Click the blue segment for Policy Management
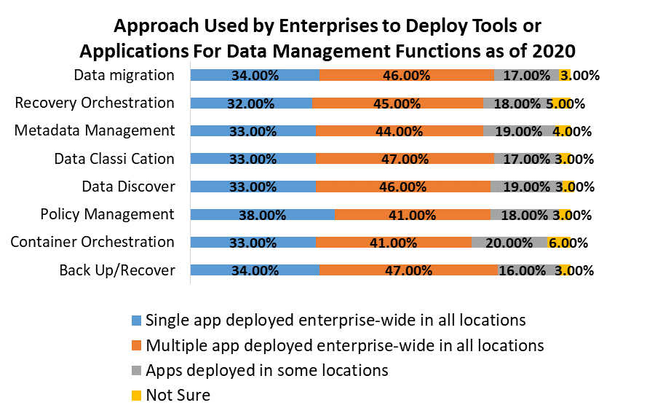(x=262, y=215)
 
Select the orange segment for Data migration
(x=407, y=75)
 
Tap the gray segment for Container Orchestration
(x=509, y=243)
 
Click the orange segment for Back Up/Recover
(x=408, y=270)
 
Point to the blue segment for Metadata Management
(x=253, y=131)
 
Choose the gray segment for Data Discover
(x=526, y=187)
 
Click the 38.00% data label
(x=262, y=215)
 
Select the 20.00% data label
(x=509, y=243)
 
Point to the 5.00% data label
(x=565, y=103)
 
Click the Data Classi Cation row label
(x=115, y=159)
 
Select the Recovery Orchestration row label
(x=95, y=103)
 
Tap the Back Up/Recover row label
(x=117, y=270)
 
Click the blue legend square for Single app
(x=136, y=321)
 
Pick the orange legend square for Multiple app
(x=136, y=345)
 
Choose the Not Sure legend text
(x=178, y=395)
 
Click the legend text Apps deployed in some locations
(x=267, y=370)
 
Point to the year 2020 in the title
(x=554, y=51)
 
